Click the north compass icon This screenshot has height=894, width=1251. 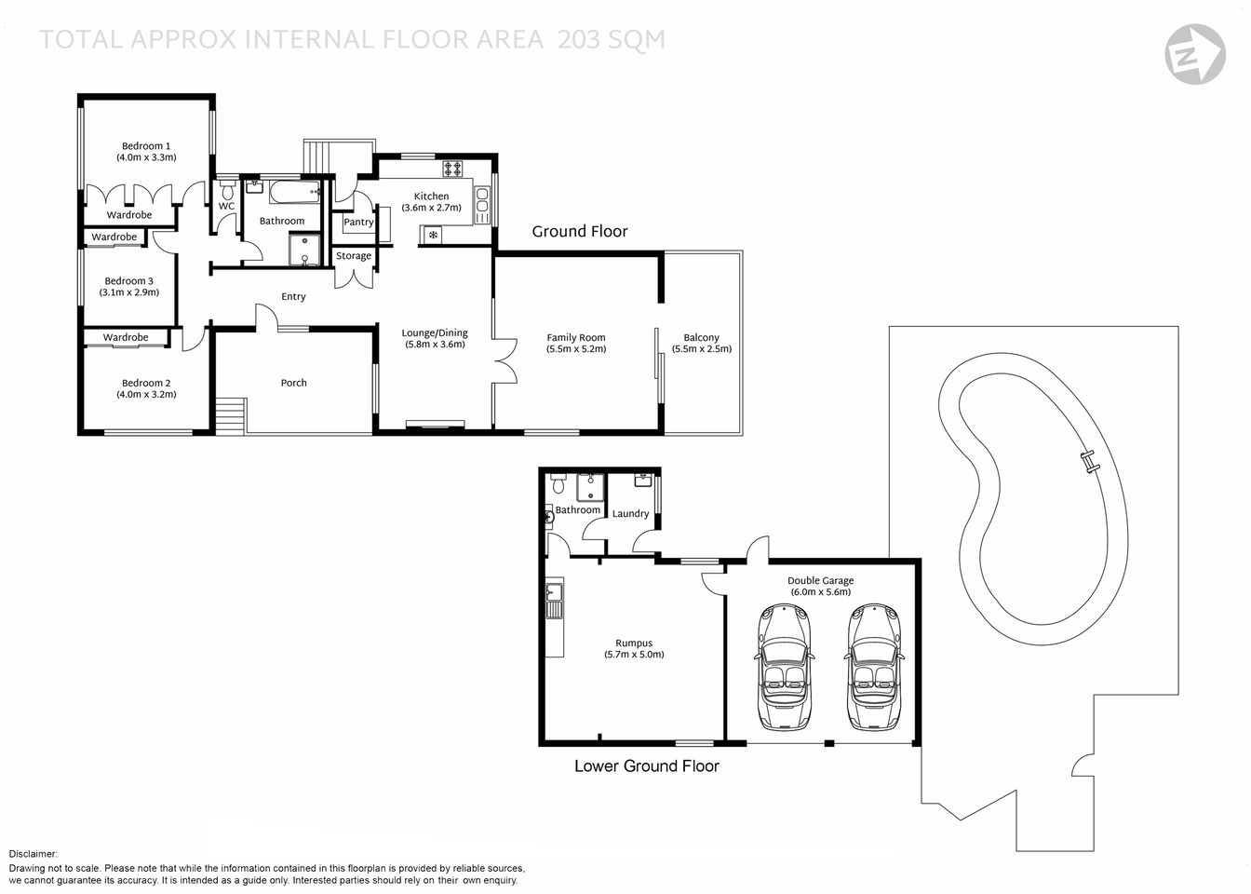[x=1194, y=53]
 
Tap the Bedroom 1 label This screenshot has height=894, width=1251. [x=146, y=146]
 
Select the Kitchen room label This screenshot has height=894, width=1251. [x=431, y=196]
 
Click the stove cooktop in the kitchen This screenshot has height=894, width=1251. [x=453, y=169]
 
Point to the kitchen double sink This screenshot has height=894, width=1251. [x=482, y=200]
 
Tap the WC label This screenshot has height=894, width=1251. [x=226, y=207]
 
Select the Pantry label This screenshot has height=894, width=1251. [x=358, y=223]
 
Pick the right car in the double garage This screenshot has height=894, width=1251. [x=872, y=667]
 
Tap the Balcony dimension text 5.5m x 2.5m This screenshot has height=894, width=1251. [x=701, y=349]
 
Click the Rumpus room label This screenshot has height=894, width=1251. [x=634, y=643]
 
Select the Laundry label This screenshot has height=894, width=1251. [x=630, y=514]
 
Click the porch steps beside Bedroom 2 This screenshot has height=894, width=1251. [x=229, y=414]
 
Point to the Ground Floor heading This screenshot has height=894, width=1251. [x=580, y=231]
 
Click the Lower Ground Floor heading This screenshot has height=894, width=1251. [x=646, y=766]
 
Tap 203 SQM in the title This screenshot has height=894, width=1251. [x=612, y=39]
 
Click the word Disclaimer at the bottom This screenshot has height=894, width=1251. [x=34, y=854]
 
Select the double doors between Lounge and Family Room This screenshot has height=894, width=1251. [x=505, y=361]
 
